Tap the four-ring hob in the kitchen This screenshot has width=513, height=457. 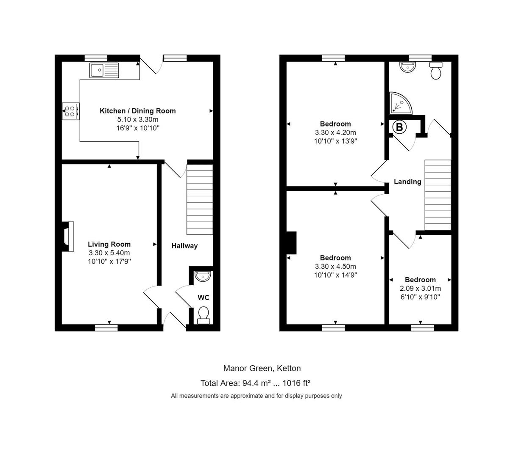click(x=70, y=111)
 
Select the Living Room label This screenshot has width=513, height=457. click(x=109, y=244)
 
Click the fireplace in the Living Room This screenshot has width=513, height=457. click(x=68, y=237)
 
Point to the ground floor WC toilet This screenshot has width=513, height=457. click(x=204, y=315)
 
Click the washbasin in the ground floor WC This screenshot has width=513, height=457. click(x=203, y=276)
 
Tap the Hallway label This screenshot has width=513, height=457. click(x=184, y=246)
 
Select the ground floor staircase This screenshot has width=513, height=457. click(x=200, y=199)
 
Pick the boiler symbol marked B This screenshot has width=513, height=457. click(x=399, y=127)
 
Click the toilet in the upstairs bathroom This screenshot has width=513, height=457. click(x=436, y=70)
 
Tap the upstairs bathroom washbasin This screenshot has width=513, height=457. click(x=407, y=66)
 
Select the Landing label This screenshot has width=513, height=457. click(x=407, y=182)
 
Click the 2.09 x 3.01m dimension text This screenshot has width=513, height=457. click(x=420, y=289)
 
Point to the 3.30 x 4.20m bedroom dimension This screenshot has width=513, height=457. click(x=335, y=132)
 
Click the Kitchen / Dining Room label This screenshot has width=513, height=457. click(x=137, y=111)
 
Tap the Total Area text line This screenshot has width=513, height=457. click(x=255, y=383)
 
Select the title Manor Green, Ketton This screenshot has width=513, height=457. click(x=262, y=368)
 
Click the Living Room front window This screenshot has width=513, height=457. click(x=106, y=327)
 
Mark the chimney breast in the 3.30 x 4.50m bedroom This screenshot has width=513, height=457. click(x=291, y=242)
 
